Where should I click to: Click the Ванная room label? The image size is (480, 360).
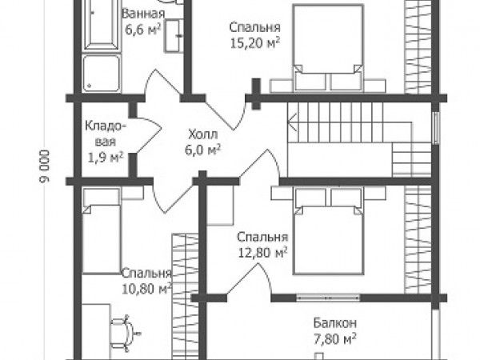(143, 14)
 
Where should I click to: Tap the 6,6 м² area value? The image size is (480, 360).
(143, 30)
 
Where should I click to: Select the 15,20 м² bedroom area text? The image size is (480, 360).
(255, 43)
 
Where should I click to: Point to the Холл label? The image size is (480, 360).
(203, 134)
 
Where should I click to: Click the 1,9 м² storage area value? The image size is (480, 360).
(106, 158)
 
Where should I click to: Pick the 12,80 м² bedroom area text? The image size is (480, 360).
(263, 253)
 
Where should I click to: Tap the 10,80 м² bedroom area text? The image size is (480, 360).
(147, 289)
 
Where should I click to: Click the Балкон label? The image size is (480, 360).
(335, 323)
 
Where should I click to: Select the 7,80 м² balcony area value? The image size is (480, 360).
(335, 339)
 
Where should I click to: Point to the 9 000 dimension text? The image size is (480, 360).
(44, 167)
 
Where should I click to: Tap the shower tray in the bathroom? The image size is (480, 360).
(102, 73)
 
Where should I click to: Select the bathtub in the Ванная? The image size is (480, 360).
(102, 24)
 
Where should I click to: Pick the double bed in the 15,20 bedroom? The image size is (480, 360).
(328, 47)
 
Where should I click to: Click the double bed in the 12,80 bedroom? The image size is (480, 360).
(328, 231)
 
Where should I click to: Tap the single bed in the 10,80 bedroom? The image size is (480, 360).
(102, 231)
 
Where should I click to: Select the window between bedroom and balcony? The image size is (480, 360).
(328, 298)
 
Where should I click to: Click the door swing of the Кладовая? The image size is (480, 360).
(149, 135)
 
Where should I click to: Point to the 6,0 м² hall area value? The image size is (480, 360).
(203, 150)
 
